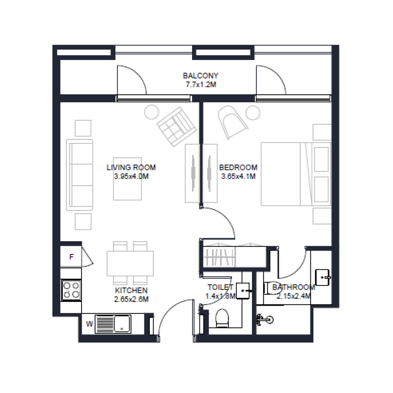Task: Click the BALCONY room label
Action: click(x=200, y=76)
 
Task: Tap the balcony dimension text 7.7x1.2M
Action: click(x=200, y=84)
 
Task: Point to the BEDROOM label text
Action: click(x=238, y=168)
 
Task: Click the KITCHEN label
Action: click(x=131, y=290)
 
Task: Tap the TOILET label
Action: click(x=221, y=287)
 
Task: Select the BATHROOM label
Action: click(x=293, y=287)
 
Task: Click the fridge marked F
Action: click(x=71, y=256)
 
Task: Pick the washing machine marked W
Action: click(x=89, y=324)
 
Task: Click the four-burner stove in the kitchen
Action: click(x=71, y=290)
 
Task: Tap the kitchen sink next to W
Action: click(x=113, y=324)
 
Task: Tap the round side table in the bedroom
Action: click(x=252, y=112)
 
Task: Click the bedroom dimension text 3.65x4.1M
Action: click(x=238, y=176)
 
